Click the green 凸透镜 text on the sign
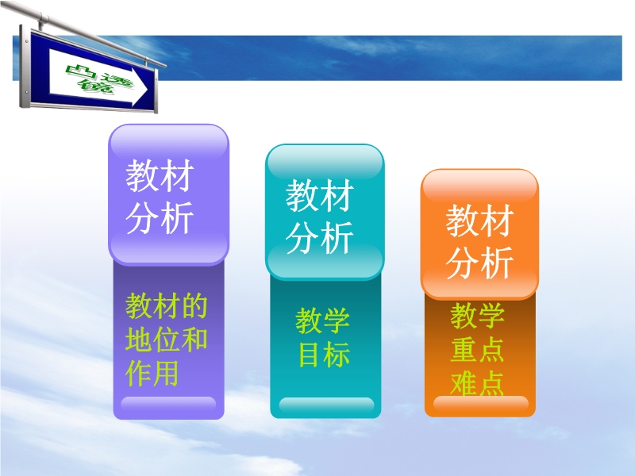pyautogui.click(x=98, y=79)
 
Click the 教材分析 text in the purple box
pyautogui.click(x=160, y=196)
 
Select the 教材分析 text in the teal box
pyautogui.click(x=320, y=217)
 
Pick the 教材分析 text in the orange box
pyautogui.click(x=480, y=241)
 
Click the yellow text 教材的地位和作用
pyautogui.click(x=167, y=340)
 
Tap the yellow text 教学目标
pyautogui.click(x=323, y=338)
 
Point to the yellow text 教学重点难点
pyautogui.click(x=478, y=349)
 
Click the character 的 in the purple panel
pyautogui.click(x=194, y=305)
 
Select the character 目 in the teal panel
pyautogui.click(x=309, y=354)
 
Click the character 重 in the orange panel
pyautogui.click(x=464, y=349)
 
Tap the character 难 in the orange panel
pyautogui.click(x=464, y=383)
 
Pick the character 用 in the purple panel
pyautogui.click(x=167, y=374)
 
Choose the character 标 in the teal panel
pyautogui.click(x=337, y=354)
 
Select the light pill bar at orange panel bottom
pyautogui.click(x=481, y=404)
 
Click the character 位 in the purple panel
pyautogui.click(x=167, y=340)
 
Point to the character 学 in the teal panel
pyautogui.click(x=337, y=321)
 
